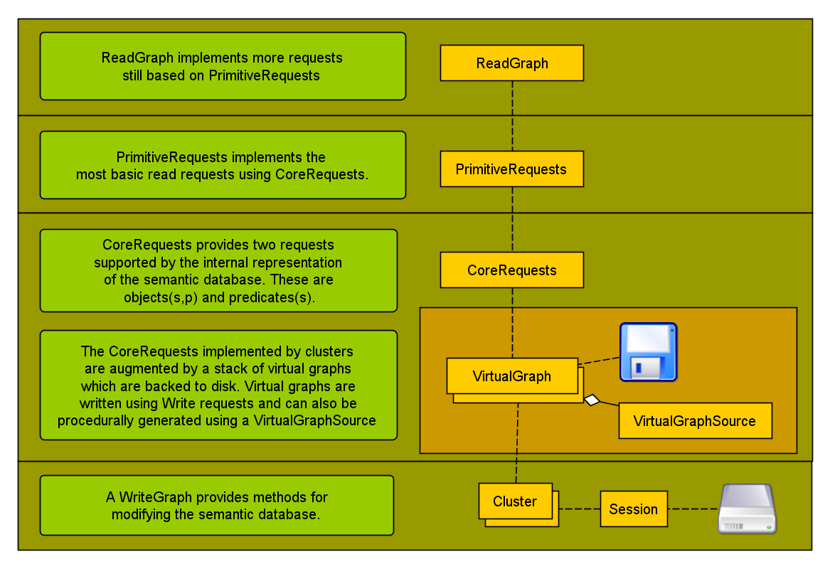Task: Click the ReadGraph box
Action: (x=512, y=63)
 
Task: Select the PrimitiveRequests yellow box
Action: (x=512, y=169)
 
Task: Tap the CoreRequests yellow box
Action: (x=512, y=270)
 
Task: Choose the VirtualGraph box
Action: (x=512, y=376)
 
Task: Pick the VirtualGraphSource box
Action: (x=694, y=421)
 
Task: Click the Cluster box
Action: (x=516, y=501)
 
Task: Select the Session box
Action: (x=634, y=509)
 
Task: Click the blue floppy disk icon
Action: (x=648, y=352)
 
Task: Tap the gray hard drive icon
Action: (x=747, y=509)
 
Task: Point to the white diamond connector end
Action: (x=592, y=400)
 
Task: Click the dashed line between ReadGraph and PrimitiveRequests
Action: (x=512, y=115)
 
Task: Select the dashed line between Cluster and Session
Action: (x=579, y=509)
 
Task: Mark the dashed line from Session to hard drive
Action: (x=693, y=509)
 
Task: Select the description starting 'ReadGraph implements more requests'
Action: (x=222, y=66)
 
